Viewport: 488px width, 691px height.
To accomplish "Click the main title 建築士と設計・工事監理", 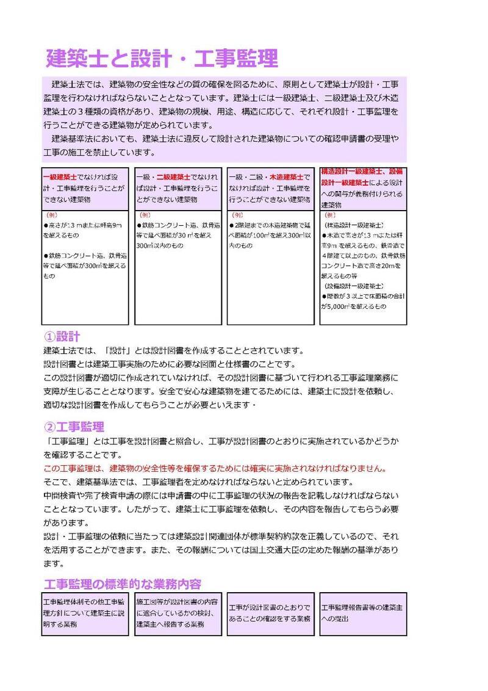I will pyautogui.click(x=162, y=59).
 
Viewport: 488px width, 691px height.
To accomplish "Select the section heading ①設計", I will pyautogui.click(x=63, y=336).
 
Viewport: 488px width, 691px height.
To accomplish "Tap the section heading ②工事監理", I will pyautogui.click(x=74, y=426).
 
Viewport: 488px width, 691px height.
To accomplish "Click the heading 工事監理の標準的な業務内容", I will pyautogui.click(x=123, y=583).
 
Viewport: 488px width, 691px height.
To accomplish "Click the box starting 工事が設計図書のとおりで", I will pyautogui.click(x=270, y=613).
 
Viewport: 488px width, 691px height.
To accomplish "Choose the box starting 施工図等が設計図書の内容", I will pyautogui.click(x=177, y=613).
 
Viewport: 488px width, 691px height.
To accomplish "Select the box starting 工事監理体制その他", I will pyautogui.click(x=85, y=613).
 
